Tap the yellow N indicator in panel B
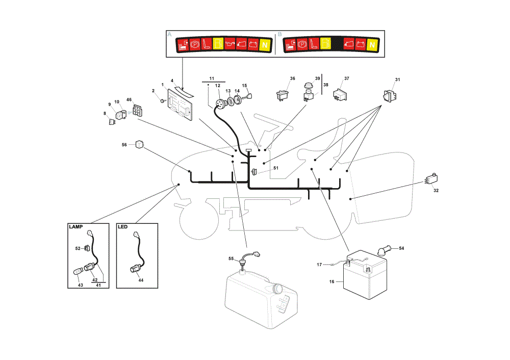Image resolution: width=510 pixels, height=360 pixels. pos(372,45)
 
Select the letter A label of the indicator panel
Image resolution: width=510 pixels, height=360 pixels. pos(169,34)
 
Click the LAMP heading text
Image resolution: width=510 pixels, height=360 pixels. pos(76,227)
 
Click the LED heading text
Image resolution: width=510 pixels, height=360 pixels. pos(122,227)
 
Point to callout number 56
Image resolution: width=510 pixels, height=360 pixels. pos(124,145)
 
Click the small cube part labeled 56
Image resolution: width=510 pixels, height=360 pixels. pos(139,144)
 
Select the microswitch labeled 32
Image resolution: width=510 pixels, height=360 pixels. pos(431,179)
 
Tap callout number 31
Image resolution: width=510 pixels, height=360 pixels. pos(397,80)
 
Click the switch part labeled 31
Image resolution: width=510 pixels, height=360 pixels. pos(390,96)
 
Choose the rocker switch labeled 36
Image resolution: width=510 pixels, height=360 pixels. pos(283,95)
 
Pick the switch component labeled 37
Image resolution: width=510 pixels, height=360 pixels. pos(340,95)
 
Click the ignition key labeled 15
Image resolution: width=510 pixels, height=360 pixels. pos(248,96)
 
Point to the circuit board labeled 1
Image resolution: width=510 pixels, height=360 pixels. pos(180,105)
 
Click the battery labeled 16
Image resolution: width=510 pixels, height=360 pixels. pos(365,275)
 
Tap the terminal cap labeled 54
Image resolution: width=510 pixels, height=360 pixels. pos(384,250)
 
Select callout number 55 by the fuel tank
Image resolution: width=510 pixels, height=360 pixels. pos(231,259)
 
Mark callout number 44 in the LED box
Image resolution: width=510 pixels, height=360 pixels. pos(141,280)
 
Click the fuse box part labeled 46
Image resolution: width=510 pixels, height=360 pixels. pos(138,110)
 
